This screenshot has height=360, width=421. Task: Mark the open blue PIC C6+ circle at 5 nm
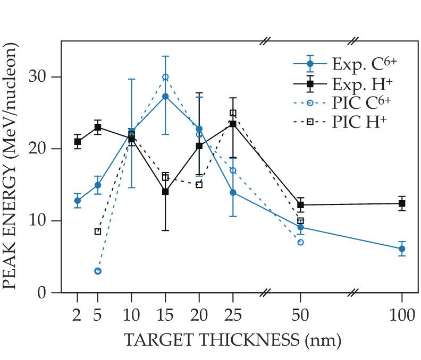click(98, 271)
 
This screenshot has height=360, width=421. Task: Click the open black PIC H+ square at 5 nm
click(98, 232)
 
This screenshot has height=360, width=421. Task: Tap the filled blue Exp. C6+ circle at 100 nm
click(402, 248)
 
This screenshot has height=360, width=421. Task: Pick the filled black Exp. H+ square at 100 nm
click(402, 203)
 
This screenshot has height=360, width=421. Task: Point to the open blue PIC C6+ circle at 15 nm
click(165, 77)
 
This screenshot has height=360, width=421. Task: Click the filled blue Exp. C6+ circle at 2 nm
click(78, 201)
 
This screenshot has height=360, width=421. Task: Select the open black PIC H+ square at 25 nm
click(233, 113)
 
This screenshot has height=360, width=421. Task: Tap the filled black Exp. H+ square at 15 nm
click(165, 192)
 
